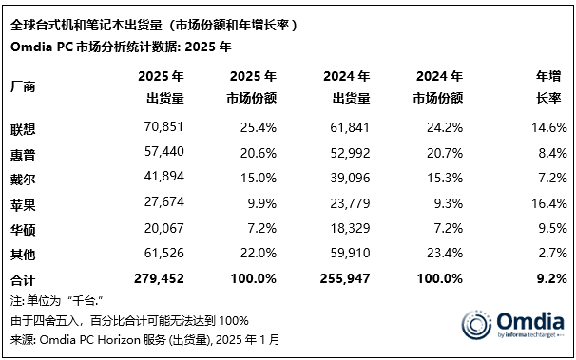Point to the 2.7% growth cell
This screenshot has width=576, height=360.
click(550, 253)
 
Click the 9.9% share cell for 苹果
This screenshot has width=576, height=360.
click(261, 201)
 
